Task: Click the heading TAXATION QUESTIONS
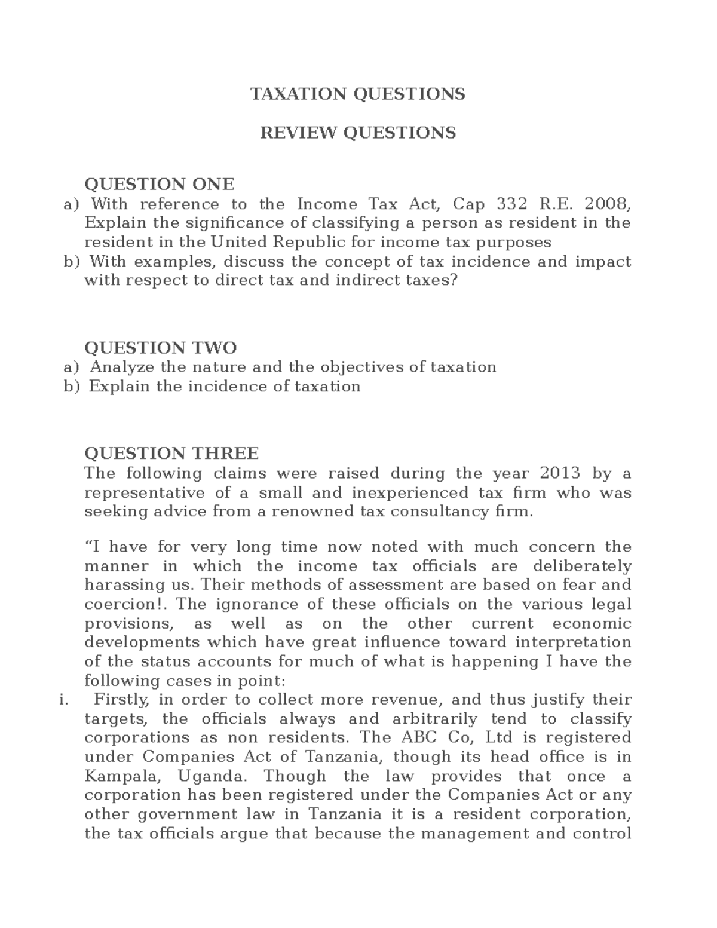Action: point(357,94)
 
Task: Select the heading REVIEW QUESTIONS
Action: point(357,132)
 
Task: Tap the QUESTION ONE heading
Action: point(159,183)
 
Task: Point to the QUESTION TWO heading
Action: point(160,347)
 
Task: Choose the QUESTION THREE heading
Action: point(171,453)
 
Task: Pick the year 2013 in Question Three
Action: point(560,473)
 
